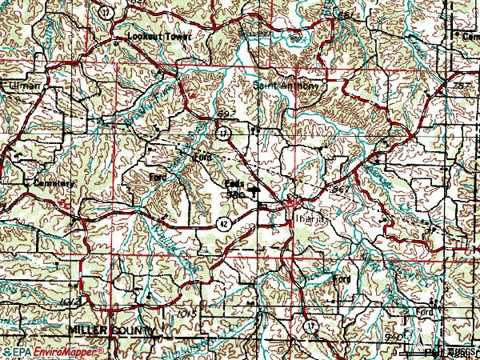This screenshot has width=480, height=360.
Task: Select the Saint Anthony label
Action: point(286,85)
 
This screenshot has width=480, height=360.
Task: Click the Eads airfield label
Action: point(234,183)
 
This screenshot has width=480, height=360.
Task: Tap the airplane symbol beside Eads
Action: point(255,190)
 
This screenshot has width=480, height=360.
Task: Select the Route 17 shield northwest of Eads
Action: point(225,130)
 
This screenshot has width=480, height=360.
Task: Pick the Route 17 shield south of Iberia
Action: point(309,326)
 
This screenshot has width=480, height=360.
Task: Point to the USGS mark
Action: point(460,352)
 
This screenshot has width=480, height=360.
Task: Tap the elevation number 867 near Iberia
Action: point(341,190)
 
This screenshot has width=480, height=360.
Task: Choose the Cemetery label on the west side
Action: point(54,183)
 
